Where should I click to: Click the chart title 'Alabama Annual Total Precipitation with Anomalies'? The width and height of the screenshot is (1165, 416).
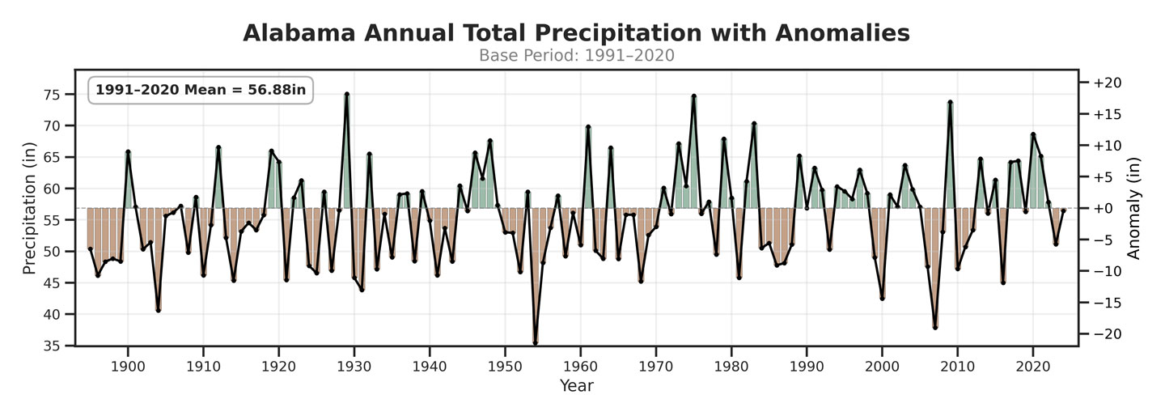pyautogui.click(x=576, y=33)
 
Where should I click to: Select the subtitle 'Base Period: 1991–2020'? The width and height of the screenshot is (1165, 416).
pyautogui.click(x=576, y=55)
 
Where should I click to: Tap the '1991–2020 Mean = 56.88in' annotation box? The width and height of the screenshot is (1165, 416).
pyautogui.click(x=201, y=90)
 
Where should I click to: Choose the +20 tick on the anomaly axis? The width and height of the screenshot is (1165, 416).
pyautogui.click(x=1106, y=83)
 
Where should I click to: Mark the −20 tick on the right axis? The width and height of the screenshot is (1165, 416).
pyautogui.click(x=1106, y=333)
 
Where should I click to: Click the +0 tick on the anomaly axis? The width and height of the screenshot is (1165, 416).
pyautogui.click(x=1102, y=208)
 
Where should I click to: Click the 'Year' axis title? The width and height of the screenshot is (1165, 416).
pyautogui.click(x=576, y=386)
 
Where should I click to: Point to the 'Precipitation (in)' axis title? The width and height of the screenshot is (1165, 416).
pyautogui.click(x=30, y=208)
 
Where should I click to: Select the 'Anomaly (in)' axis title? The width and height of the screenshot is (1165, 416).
pyautogui.click(x=1134, y=208)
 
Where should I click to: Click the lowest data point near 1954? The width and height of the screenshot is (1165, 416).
pyautogui.click(x=535, y=343)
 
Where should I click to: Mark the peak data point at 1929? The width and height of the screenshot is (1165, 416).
pyautogui.click(x=346, y=95)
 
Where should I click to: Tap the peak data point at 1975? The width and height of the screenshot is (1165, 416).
pyautogui.click(x=693, y=96)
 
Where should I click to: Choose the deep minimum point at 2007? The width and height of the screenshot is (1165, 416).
pyautogui.click(x=935, y=327)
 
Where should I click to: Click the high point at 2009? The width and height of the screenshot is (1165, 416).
pyautogui.click(x=950, y=102)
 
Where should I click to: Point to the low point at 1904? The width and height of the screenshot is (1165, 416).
pyautogui.click(x=158, y=310)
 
